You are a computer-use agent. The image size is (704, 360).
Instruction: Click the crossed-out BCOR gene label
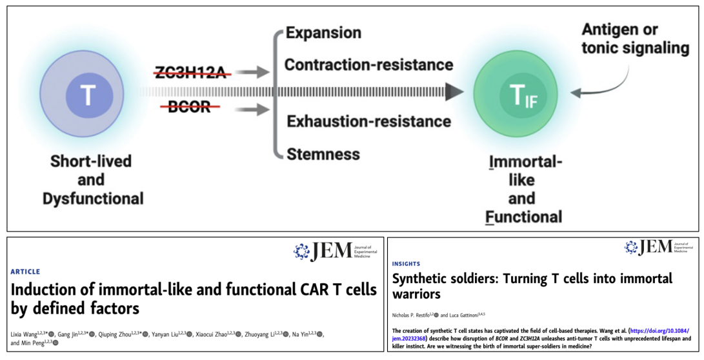tap(189, 107)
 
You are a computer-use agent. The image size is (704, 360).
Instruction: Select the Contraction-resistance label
tap(368, 65)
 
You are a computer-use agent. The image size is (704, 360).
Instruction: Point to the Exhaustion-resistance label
tap(368, 121)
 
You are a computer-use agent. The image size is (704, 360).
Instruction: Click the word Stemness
tap(323, 154)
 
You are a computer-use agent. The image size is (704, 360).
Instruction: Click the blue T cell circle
tap(88, 96)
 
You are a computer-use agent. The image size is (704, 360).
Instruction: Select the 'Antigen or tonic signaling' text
tap(635, 39)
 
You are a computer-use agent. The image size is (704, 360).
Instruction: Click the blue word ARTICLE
tap(25, 272)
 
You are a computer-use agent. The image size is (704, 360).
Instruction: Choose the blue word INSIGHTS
tap(407, 264)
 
